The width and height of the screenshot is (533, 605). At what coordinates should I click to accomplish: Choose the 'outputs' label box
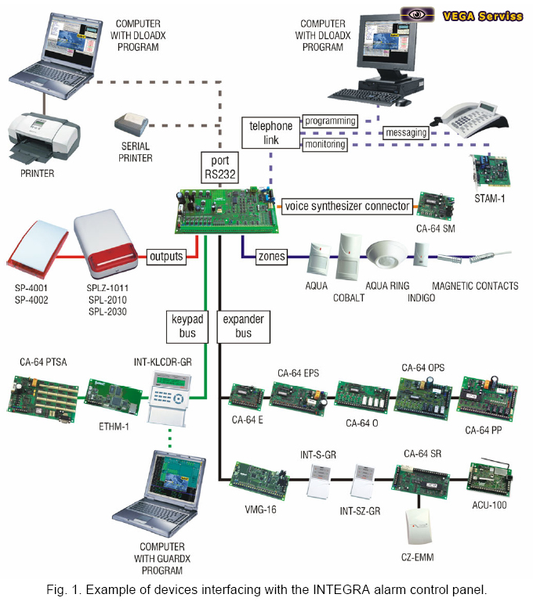pyautogui.click(x=165, y=256)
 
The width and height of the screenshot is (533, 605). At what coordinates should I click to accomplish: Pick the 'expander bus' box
pyautogui.click(x=243, y=326)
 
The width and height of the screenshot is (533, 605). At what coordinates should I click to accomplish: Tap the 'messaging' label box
pyautogui.click(x=405, y=133)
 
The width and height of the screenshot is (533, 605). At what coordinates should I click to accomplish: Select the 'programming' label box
pyautogui.click(x=330, y=121)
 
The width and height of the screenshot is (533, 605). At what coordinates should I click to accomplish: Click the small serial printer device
pyautogui.click(x=131, y=124)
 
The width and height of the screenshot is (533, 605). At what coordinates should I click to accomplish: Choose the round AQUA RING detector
pyautogui.click(x=388, y=256)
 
